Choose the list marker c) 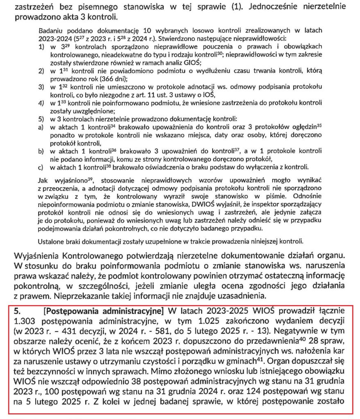coord(40,167)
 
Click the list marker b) coord(40,151)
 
